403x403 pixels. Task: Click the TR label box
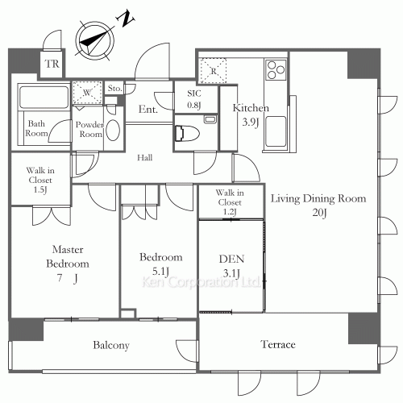[x=52, y=64]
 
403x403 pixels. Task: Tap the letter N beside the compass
[x=125, y=19]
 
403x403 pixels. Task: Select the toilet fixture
[x=187, y=133]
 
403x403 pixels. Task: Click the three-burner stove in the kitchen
[x=276, y=69]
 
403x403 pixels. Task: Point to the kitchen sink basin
[x=276, y=131]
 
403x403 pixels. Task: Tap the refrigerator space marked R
[x=214, y=71]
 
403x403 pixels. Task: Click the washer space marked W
[x=87, y=93]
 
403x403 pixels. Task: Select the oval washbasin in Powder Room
[x=113, y=130]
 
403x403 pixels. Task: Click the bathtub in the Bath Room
[x=44, y=96]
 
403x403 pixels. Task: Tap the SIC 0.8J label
[x=194, y=99]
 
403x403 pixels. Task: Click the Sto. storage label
[x=114, y=88]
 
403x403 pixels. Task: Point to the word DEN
[x=231, y=259]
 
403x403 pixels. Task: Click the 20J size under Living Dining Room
[x=320, y=213]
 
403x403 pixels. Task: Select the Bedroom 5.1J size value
[x=160, y=272]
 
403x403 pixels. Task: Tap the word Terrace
[x=278, y=344]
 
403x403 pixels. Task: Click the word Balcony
[x=111, y=345]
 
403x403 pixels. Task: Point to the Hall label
[x=145, y=157]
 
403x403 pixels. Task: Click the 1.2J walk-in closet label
[x=230, y=212]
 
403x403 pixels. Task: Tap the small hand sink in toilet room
[x=210, y=119]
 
